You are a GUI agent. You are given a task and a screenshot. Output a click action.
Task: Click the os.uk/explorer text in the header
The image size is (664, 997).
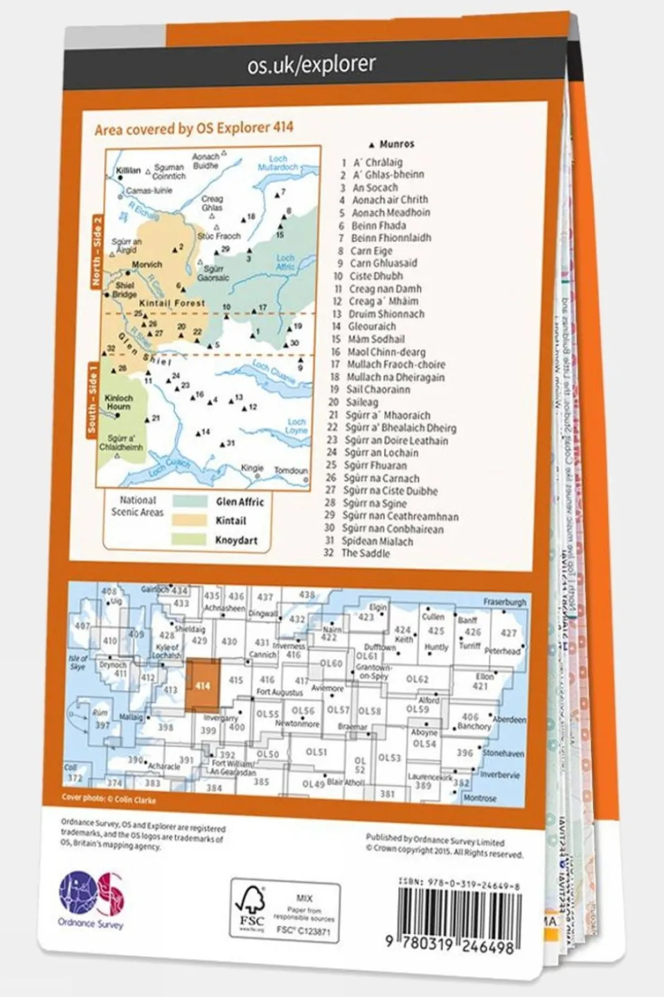tap(311, 65)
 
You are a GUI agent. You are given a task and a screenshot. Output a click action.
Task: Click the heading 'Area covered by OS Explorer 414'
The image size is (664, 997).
tap(194, 128)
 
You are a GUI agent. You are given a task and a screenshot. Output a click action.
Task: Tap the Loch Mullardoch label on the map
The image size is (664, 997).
tap(278, 164)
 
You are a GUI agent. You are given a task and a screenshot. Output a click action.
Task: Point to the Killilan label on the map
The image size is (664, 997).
tap(128, 170)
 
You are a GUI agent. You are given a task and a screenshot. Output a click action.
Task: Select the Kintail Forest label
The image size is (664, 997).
tap(172, 303)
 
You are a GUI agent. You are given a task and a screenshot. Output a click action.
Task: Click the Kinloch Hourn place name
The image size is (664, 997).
tap(118, 403)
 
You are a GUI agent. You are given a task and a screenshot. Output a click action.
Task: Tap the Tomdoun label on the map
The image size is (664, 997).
tap(290, 470)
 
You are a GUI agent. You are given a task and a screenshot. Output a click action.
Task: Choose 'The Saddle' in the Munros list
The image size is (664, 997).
tap(365, 553)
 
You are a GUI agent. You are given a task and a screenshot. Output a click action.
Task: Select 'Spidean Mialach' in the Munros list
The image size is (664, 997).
tap(378, 541)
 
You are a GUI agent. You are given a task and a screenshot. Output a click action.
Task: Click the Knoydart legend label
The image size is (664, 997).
tap(236, 540)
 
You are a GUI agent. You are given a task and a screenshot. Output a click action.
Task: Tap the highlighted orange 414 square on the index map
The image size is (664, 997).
tap(203, 685)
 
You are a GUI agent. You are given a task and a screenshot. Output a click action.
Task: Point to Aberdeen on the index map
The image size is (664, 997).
tap(509, 720)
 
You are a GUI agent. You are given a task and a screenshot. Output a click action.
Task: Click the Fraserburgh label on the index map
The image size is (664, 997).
tap(505, 602)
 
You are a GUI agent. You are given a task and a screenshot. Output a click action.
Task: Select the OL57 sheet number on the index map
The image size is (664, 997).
tap(338, 710)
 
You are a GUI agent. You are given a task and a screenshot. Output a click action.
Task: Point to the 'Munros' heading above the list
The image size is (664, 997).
tap(396, 145)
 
